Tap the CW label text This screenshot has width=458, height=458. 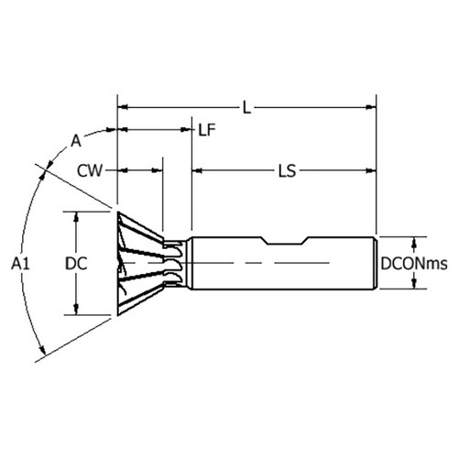coord(89,170)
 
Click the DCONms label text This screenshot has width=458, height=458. coord(416,263)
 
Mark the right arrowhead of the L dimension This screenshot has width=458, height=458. coord(372,107)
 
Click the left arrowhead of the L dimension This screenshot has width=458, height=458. coord(123,107)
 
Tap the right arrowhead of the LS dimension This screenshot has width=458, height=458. coord(372,170)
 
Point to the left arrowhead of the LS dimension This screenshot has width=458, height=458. coord(196,170)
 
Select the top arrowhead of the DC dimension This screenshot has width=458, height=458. coord(76,215)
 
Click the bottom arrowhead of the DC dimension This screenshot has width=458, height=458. coord(76,311)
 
